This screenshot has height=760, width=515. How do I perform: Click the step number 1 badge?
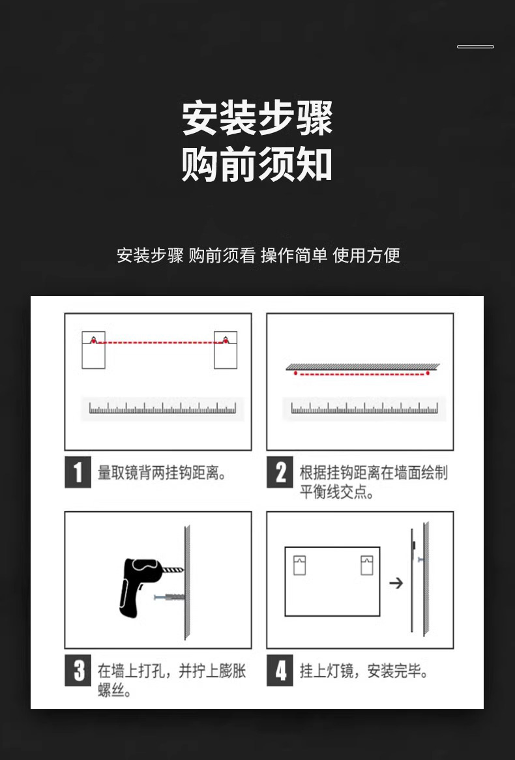click(x=78, y=473)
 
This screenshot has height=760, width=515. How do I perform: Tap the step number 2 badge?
click(x=280, y=473)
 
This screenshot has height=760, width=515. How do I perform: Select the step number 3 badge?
click(x=78, y=671)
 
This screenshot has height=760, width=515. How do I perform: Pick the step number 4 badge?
click(x=280, y=671)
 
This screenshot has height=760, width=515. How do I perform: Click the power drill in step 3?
click(x=140, y=581)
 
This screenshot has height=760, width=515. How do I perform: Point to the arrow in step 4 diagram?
click(x=396, y=583)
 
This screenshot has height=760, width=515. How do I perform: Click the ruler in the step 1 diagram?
click(x=163, y=409)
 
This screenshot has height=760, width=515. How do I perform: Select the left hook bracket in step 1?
click(x=93, y=350)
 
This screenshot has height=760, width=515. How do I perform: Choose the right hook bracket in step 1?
click(x=226, y=350)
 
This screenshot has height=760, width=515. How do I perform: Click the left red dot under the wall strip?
click(x=295, y=373)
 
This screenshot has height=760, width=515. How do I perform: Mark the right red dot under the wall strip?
click(x=428, y=373)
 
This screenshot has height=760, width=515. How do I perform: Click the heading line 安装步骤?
click(x=257, y=118)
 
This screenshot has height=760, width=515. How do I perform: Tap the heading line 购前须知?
click(x=257, y=164)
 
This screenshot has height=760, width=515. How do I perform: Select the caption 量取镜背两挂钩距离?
click(x=162, y=473)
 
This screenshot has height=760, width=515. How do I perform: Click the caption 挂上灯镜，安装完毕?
click(x=364, y=671)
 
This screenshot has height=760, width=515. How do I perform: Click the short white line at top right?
click(x=475, y=47)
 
